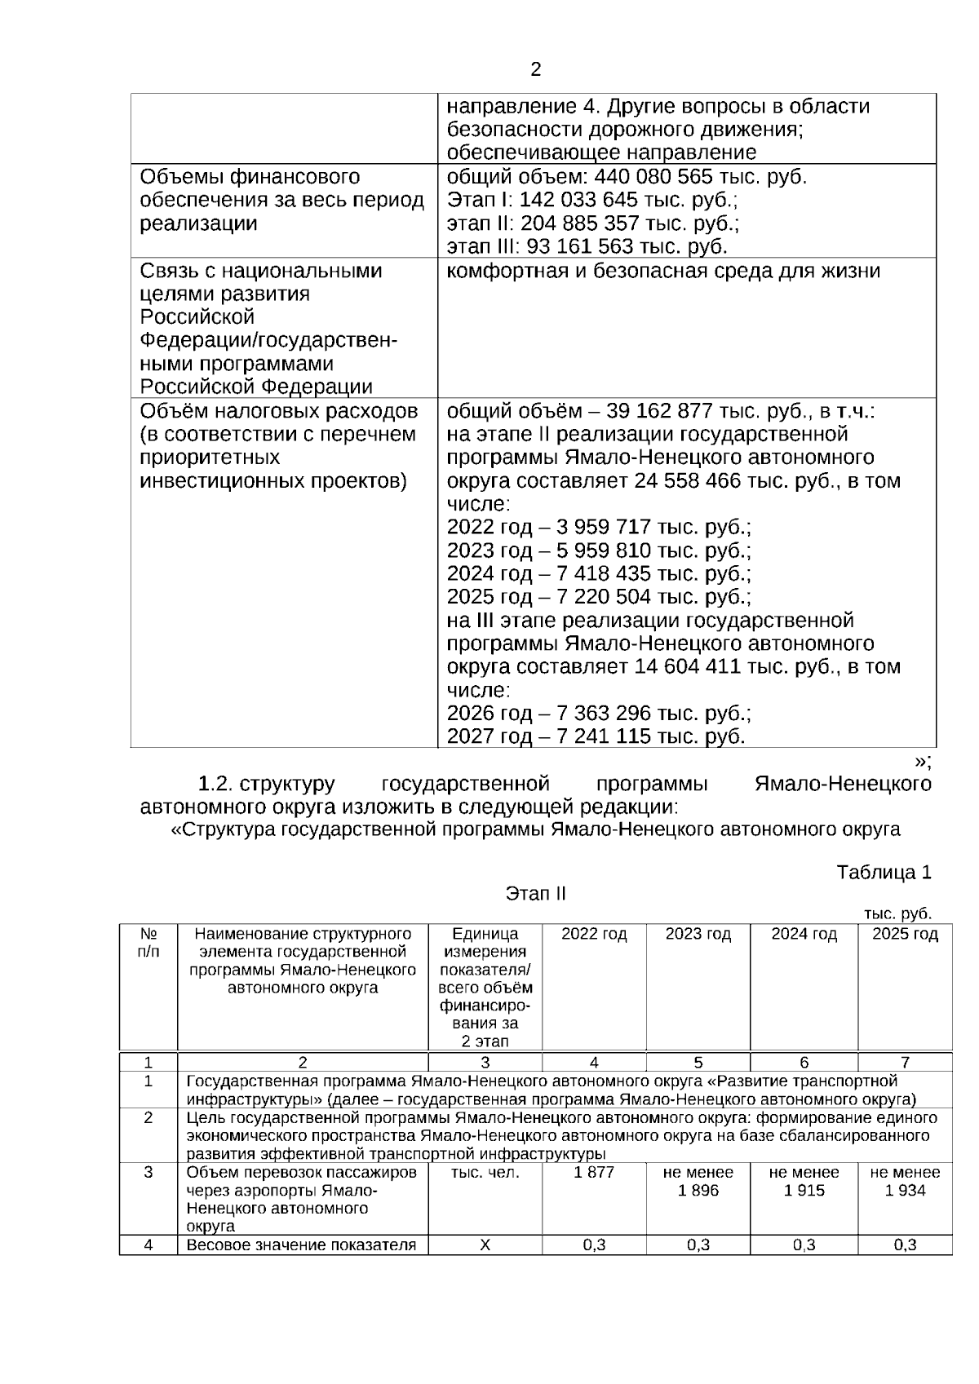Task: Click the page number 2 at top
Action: (535, 70)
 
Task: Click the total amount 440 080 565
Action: (654, 177)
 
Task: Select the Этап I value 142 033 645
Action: (578, 200)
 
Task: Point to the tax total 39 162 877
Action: (659, 410)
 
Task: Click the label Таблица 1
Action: (884, 873)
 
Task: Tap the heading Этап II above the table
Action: (535, 894)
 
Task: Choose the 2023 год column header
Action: (698, 935)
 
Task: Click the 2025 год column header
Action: (905, 935)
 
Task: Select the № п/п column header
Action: (148, 943)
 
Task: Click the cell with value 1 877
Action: (594, 1173)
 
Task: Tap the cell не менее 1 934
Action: (905, 1182)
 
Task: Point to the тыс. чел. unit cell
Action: (485, 1173)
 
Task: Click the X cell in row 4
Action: (485, 1245)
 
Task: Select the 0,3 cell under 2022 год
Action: (594, 1245)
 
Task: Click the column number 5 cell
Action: (698, 1063)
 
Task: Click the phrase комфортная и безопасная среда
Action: (620, 271)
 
